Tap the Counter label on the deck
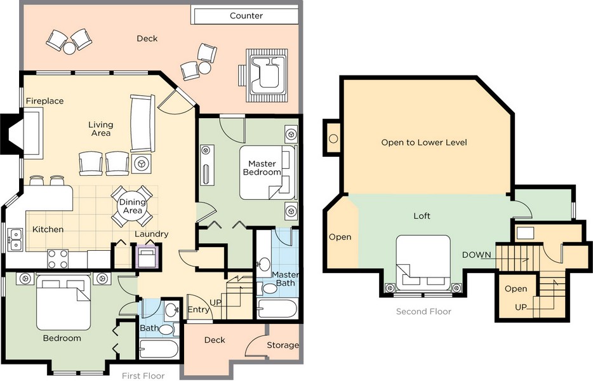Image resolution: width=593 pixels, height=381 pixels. click(x=246, y=16)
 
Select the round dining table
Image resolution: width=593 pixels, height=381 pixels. click(x=132, y=206)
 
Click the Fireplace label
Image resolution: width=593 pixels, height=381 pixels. click(x=44, y=101)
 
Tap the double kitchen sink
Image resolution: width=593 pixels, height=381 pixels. click(x=15, y=239)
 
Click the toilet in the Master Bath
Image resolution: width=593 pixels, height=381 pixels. click(x=269, y=289)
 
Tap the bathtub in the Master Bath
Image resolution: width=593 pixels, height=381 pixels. click(x=277, y=309)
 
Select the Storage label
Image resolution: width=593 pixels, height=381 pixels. click(x=283, y=345)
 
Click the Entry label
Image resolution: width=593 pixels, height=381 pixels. click(x=199, y=309)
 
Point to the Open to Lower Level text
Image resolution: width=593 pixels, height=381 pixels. click(x=423, y=142)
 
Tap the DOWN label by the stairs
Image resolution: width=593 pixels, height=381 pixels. click(x=476, y=255)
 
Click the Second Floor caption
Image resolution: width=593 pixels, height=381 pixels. click(x=423, y=312)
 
